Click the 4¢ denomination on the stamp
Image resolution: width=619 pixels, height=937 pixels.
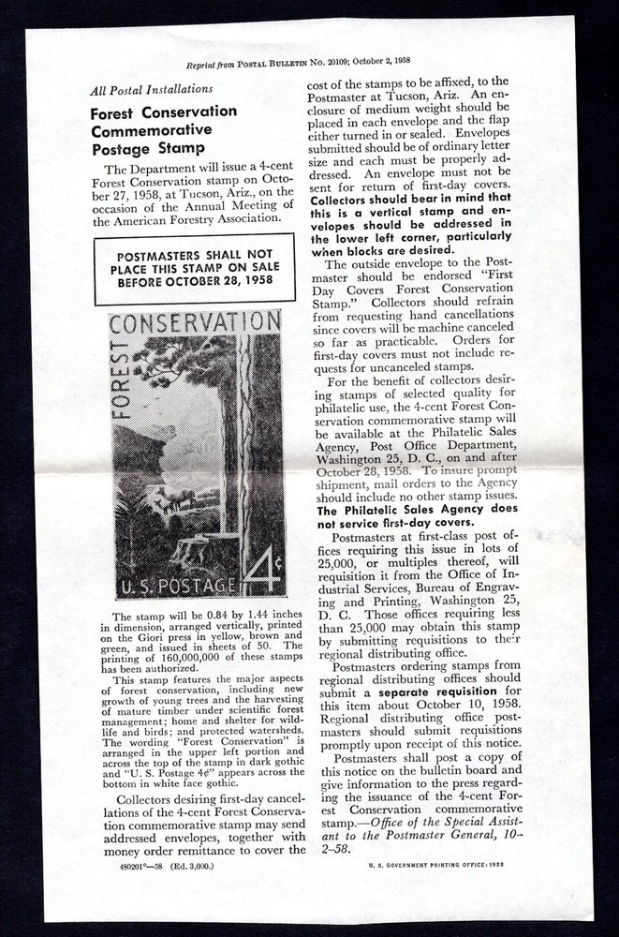coord(261,570)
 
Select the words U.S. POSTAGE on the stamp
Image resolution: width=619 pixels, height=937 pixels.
coord(169,588)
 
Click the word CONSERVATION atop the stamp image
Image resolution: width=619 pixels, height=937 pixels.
coord(196,324)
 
